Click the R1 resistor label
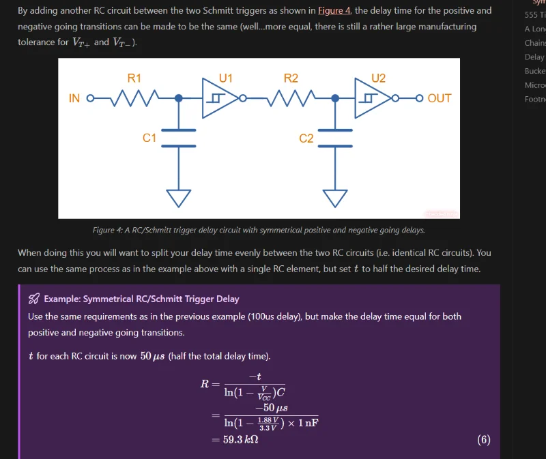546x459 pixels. pyautogui.click(x=134, y=78)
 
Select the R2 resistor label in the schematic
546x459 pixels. pyautogui.click(x=291, y=78)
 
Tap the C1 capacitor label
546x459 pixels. pyautogui.click(x=149, y=138)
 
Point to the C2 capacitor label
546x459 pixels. pyautogui.click(x=306, y=138)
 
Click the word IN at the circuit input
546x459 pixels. pyautogui.click(x=75, y=98)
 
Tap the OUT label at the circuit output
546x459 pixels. pyautogui.click(x=439, y=98)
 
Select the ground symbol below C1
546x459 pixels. pyautogui.click(x=179, y=197)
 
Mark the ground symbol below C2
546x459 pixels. pyautogui.click(x=335, y=197)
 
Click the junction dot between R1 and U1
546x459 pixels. pyautogui.click(x=179, y=98)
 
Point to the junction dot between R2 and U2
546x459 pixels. pyautogui.click(x=335, y=98)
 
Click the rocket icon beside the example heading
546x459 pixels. pyautogui.click(x=33, y=299)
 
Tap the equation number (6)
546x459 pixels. pyautogui.click(x=483, y=440)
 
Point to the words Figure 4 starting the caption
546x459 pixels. pyautogui.click(x=106, y=231)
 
